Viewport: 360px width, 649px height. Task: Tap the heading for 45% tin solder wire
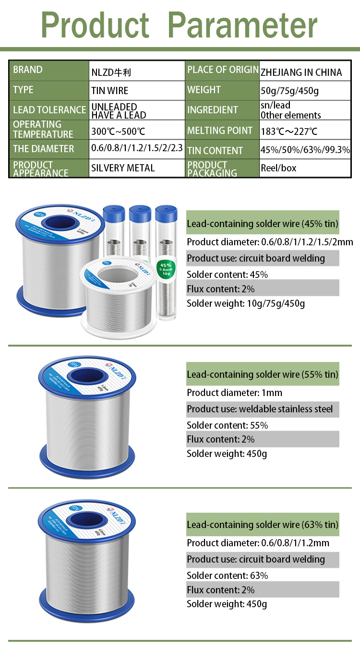[263, 224]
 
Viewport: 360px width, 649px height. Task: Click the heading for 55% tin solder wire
[263, 374]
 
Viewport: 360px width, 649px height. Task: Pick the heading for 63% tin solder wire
[263, 525]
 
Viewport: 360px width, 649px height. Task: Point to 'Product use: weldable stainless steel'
[260, 409]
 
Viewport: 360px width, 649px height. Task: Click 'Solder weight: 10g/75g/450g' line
[246, 303]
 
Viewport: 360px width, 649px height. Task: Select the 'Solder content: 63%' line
[227, 576]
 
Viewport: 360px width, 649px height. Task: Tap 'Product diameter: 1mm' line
[234, 393]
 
